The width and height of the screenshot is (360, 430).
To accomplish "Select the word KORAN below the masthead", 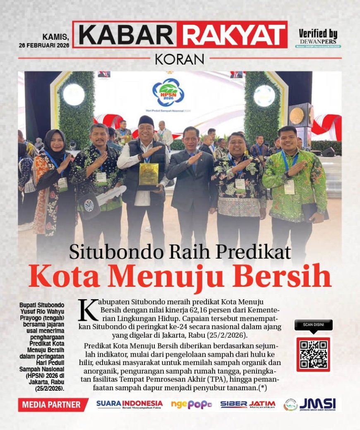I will [x=180, y=59].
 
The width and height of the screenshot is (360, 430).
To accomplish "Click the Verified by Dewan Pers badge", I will [x=318, y=38].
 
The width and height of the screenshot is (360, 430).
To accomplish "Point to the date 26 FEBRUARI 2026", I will [x=43, y=45].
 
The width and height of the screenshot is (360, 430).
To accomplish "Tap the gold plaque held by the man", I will [x=149, y=174].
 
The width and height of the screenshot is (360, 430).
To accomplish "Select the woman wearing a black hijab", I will [x=54, y=182].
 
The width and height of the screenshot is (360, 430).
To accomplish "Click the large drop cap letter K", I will [x=88, y=310].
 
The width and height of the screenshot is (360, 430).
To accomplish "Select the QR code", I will [x=313, y=354].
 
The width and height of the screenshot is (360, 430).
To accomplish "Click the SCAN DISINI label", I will [x=313, y=325].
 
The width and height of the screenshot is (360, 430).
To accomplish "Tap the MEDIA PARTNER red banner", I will [x=52, y=404].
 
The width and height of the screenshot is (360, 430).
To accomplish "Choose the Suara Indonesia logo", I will [x=130, y=404].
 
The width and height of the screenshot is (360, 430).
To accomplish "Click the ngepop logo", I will [x=191, y=404].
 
